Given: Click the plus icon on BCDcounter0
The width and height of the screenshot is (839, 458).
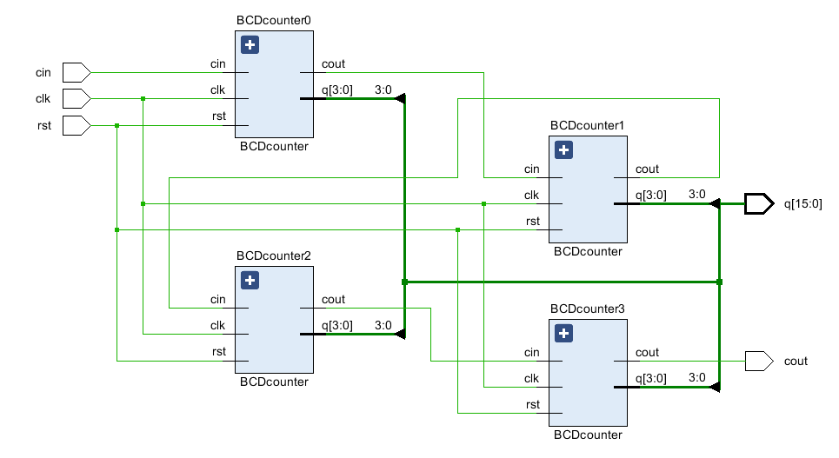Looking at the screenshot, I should tap(250, 45).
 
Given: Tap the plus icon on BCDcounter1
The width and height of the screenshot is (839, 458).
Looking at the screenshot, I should tap(564, 150).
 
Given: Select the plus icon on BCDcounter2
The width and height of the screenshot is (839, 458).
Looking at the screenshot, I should tap(250, 280).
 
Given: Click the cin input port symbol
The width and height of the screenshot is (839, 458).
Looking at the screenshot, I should tap(77, 72).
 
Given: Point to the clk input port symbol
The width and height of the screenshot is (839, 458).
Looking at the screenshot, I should tap(77, 98).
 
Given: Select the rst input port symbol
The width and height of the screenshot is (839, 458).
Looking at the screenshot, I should tap(77, 125).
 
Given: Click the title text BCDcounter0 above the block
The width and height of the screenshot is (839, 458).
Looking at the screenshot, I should tap(274, 19).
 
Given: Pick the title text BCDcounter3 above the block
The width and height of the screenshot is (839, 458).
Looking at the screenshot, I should tap(588, 308).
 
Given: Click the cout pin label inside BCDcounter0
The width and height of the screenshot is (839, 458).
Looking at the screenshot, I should tap(333, 63).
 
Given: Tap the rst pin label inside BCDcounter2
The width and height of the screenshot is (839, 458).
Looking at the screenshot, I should tap(219, 351).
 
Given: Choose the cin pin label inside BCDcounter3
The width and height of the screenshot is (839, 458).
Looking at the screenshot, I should tap(532, 352).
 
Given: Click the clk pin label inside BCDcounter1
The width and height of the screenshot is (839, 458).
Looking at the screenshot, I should tap(532, 195).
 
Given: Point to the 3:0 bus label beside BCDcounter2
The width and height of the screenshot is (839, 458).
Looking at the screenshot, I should tap(383, 325).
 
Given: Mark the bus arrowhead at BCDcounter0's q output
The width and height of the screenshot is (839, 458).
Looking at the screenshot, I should tap(400, 99).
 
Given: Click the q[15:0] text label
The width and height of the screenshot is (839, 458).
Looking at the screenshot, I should tap(802, 204).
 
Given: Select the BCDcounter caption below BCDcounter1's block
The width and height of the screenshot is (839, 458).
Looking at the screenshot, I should tap(588, 251).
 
